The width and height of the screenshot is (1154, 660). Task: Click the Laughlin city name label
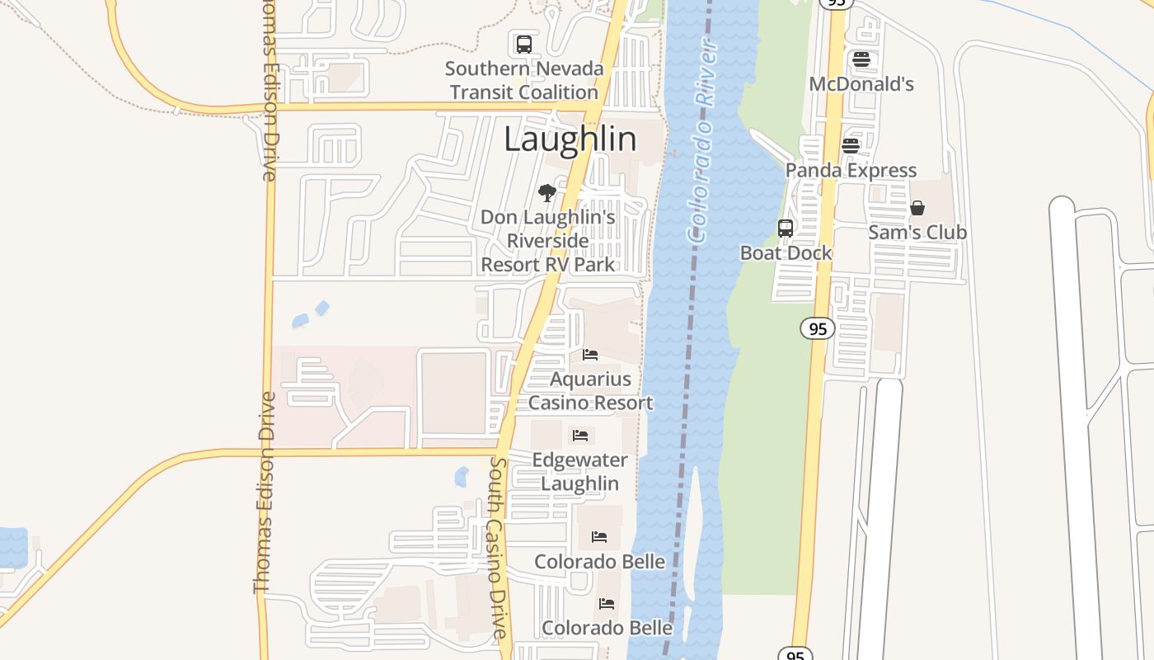point(570,139)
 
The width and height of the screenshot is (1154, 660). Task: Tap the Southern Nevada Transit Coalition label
point(524,80)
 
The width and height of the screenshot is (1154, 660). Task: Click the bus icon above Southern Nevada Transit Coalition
point(524,45)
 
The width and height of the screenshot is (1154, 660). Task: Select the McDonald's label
point(861,84)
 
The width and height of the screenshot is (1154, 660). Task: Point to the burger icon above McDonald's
point(861,59)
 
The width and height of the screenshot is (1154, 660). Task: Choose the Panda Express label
point(851,171)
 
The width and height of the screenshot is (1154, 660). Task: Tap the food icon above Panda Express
point(851,146)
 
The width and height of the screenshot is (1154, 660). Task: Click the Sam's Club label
point(917,233)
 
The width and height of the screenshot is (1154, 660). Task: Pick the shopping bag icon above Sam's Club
point(917,208)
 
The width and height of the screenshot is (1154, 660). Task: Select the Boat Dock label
point(786,253)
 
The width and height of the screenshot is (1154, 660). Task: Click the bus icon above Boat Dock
point(786,229)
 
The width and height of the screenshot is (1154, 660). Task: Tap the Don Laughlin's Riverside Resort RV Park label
point(548,241)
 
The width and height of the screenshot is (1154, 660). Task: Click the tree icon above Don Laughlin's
point(547,194)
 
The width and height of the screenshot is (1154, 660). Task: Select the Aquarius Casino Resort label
point(590,391)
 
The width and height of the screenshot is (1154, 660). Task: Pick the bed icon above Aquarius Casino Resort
point(590,355)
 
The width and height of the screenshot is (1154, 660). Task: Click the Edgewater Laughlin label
point(579,471)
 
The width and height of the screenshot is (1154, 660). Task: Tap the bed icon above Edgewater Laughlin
point(580,435)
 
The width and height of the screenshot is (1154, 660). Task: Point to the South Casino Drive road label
point(499,549)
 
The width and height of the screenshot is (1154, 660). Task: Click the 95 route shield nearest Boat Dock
point(817,329)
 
